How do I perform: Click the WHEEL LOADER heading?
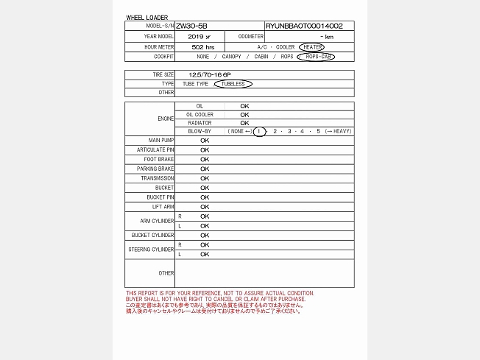click(x=147, y=17)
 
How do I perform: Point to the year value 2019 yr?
click(x=199, y=36)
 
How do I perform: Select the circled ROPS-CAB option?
click(x=315, y=57)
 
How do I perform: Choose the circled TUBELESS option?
click(x=233, y=84)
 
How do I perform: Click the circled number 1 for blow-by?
click(x=258, y=131)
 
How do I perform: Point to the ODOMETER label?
click(x=251, y=36)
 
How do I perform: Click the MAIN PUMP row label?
click(x=161, y=140)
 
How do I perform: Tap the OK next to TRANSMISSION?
click(x=205, y=178)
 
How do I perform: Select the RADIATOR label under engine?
click(x=200, y=123)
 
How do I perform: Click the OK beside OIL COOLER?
click(x=244, y=114)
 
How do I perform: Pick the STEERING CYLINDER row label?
click(x=152, y=250)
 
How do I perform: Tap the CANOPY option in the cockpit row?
click(x=231, y=57)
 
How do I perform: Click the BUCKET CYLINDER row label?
click(x=152, y=236)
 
